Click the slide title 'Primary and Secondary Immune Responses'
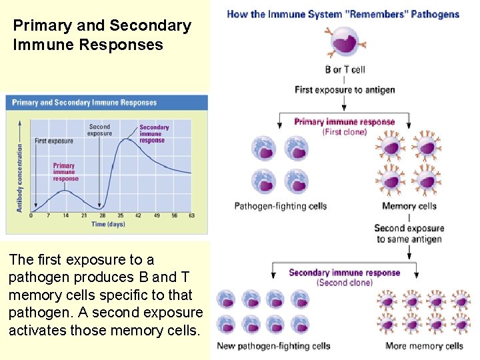tap(102, 35)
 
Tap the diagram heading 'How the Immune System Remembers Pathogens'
tap(343, 14)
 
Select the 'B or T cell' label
tap(345, 69)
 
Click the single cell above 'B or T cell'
tap(345, 42)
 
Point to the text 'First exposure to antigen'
tap(345, 90)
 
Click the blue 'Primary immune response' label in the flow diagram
tap(345, 122)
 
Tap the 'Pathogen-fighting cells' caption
tap(281, 206)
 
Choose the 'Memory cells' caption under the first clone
tap(409, 206)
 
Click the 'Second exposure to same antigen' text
tap(409, 233)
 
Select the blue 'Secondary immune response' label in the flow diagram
tap(345, 272)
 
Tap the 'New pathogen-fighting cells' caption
tap(274, 346)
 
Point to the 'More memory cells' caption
tap(424, 346)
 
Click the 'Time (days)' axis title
tap(108, 225)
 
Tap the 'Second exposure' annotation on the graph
tap(99, 129)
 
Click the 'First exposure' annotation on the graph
tap(54, 141)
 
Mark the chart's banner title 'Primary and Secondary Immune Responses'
tap(85, 103)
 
